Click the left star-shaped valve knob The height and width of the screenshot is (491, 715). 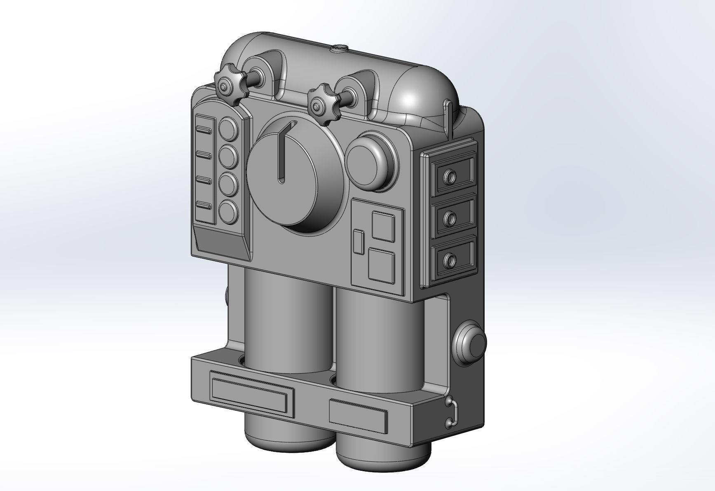pos(227,86)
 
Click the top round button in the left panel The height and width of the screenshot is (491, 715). pos(229,128)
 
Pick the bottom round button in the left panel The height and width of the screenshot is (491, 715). pos(228,211)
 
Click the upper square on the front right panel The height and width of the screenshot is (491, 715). pos(383,226)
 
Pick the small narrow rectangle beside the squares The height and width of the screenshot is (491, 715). pos(359,242)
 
